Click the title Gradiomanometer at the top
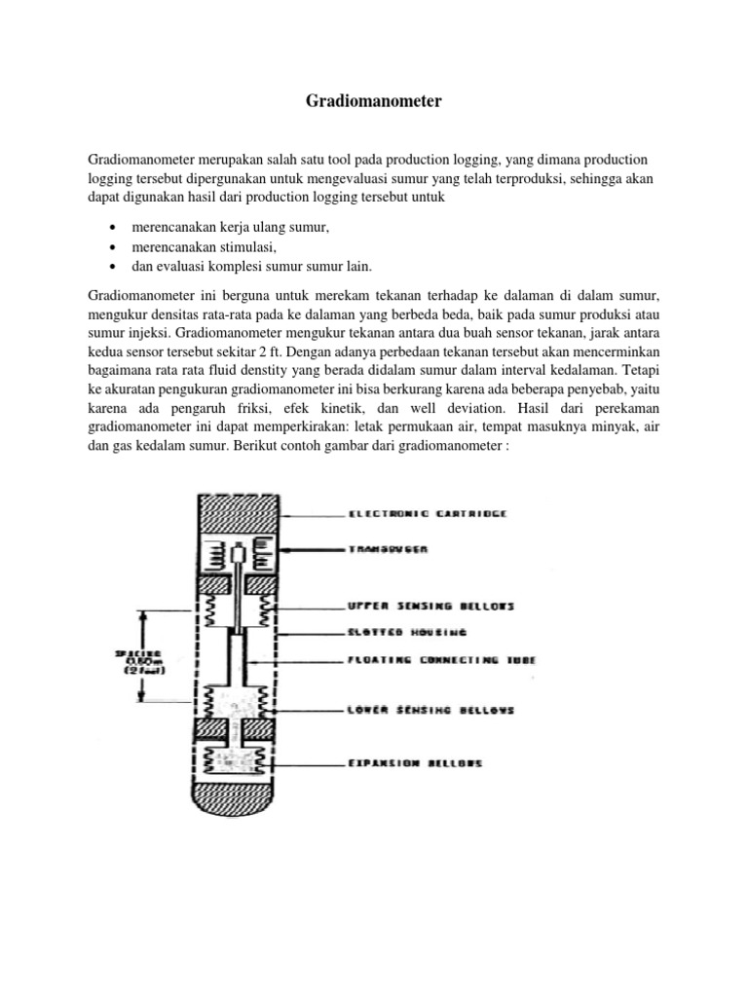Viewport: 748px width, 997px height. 374,100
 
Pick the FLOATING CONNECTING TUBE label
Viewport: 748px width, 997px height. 442,660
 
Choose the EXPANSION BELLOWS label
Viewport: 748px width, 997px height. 415,763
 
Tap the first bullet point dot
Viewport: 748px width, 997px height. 114,228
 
